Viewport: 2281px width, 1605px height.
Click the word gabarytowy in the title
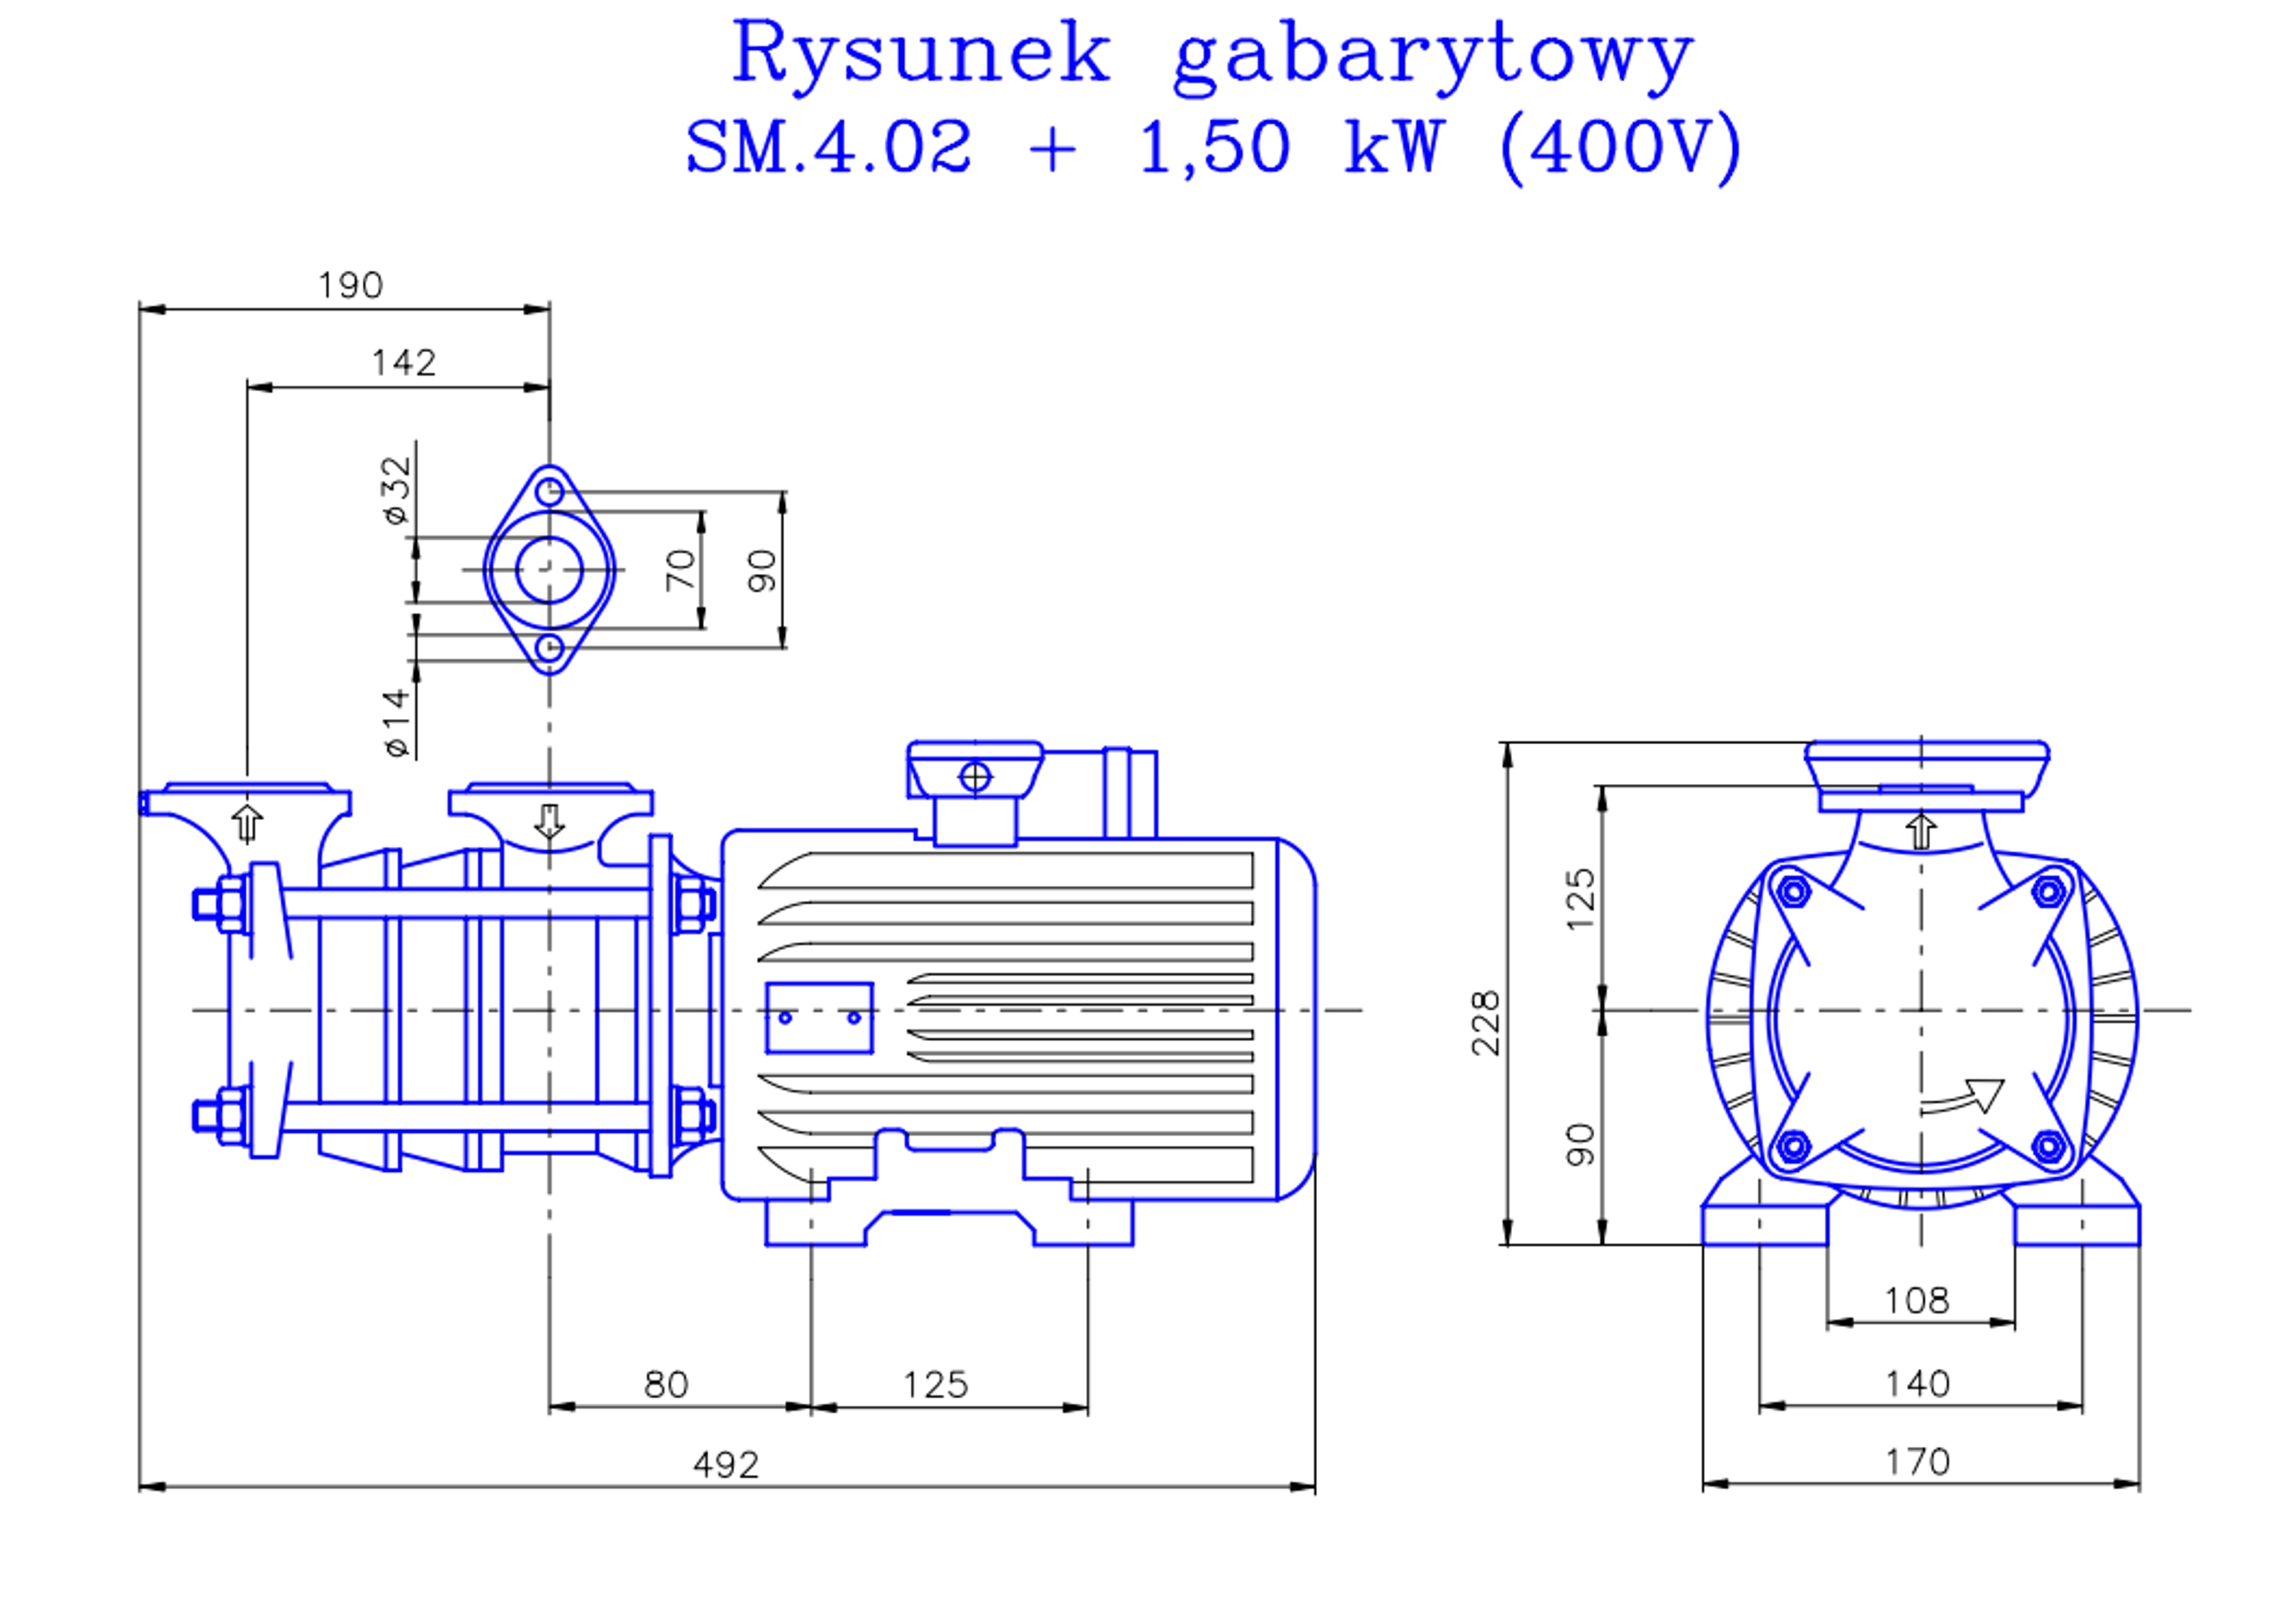pyautogui.click(x=1432, y=58)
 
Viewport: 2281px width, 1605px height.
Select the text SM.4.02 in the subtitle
pyautogui.click(x=828, y=147)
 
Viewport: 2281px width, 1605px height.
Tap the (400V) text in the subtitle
pyautogui.click(x=1619, y=147)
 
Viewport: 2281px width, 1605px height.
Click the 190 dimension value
pyautogui.click(x=349, y=286)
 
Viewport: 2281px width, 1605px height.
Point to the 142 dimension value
pyautogui.click(x=404, y=363)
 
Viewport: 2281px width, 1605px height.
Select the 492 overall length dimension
pyautogui.click(x=725, y=1466)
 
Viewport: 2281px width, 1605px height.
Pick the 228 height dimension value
pyautogui.click(x=1486, y=1023)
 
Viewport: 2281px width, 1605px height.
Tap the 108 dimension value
pyautogui.click(x=1917, y=1301)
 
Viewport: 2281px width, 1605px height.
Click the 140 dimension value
pyautogui.click(x=1917, y=1384)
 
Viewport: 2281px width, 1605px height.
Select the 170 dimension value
pyautogui.click(x=1917, y=1463)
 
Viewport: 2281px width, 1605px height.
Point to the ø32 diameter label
pyautogui.click(x=397, y=490)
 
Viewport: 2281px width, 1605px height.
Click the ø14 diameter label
pyautogui.click(x=397, y=723)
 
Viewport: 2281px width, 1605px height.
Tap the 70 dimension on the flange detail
pyautogui.click(x=681, y=569)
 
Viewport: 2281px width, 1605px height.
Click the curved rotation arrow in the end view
pyautogui.click(x=1961, y=1098)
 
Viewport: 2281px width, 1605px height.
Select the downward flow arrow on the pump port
pyautogui.click(x=550, y=822)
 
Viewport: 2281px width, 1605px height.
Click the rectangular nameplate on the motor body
pyautogui.click(x=820, y=1018)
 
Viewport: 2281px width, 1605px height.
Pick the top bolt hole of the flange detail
pyautogui.click(x=550, y=492)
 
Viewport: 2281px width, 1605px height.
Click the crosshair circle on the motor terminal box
pyautogui.click(x=975, y=777)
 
